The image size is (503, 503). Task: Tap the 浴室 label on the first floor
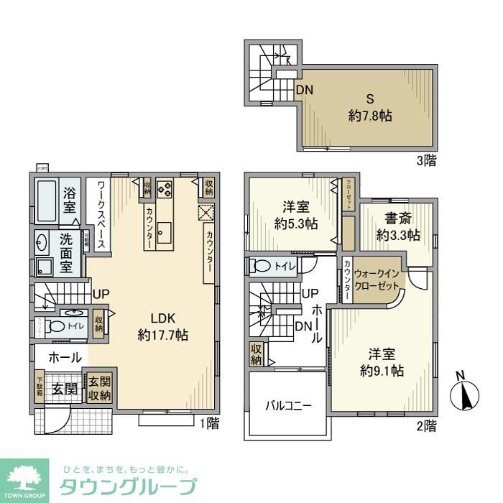[x=70, y=199]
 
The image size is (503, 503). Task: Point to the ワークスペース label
[x=98, y=213]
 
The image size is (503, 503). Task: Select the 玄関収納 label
[x=100, y=389]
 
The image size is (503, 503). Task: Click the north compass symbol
[x=463, y=393]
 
